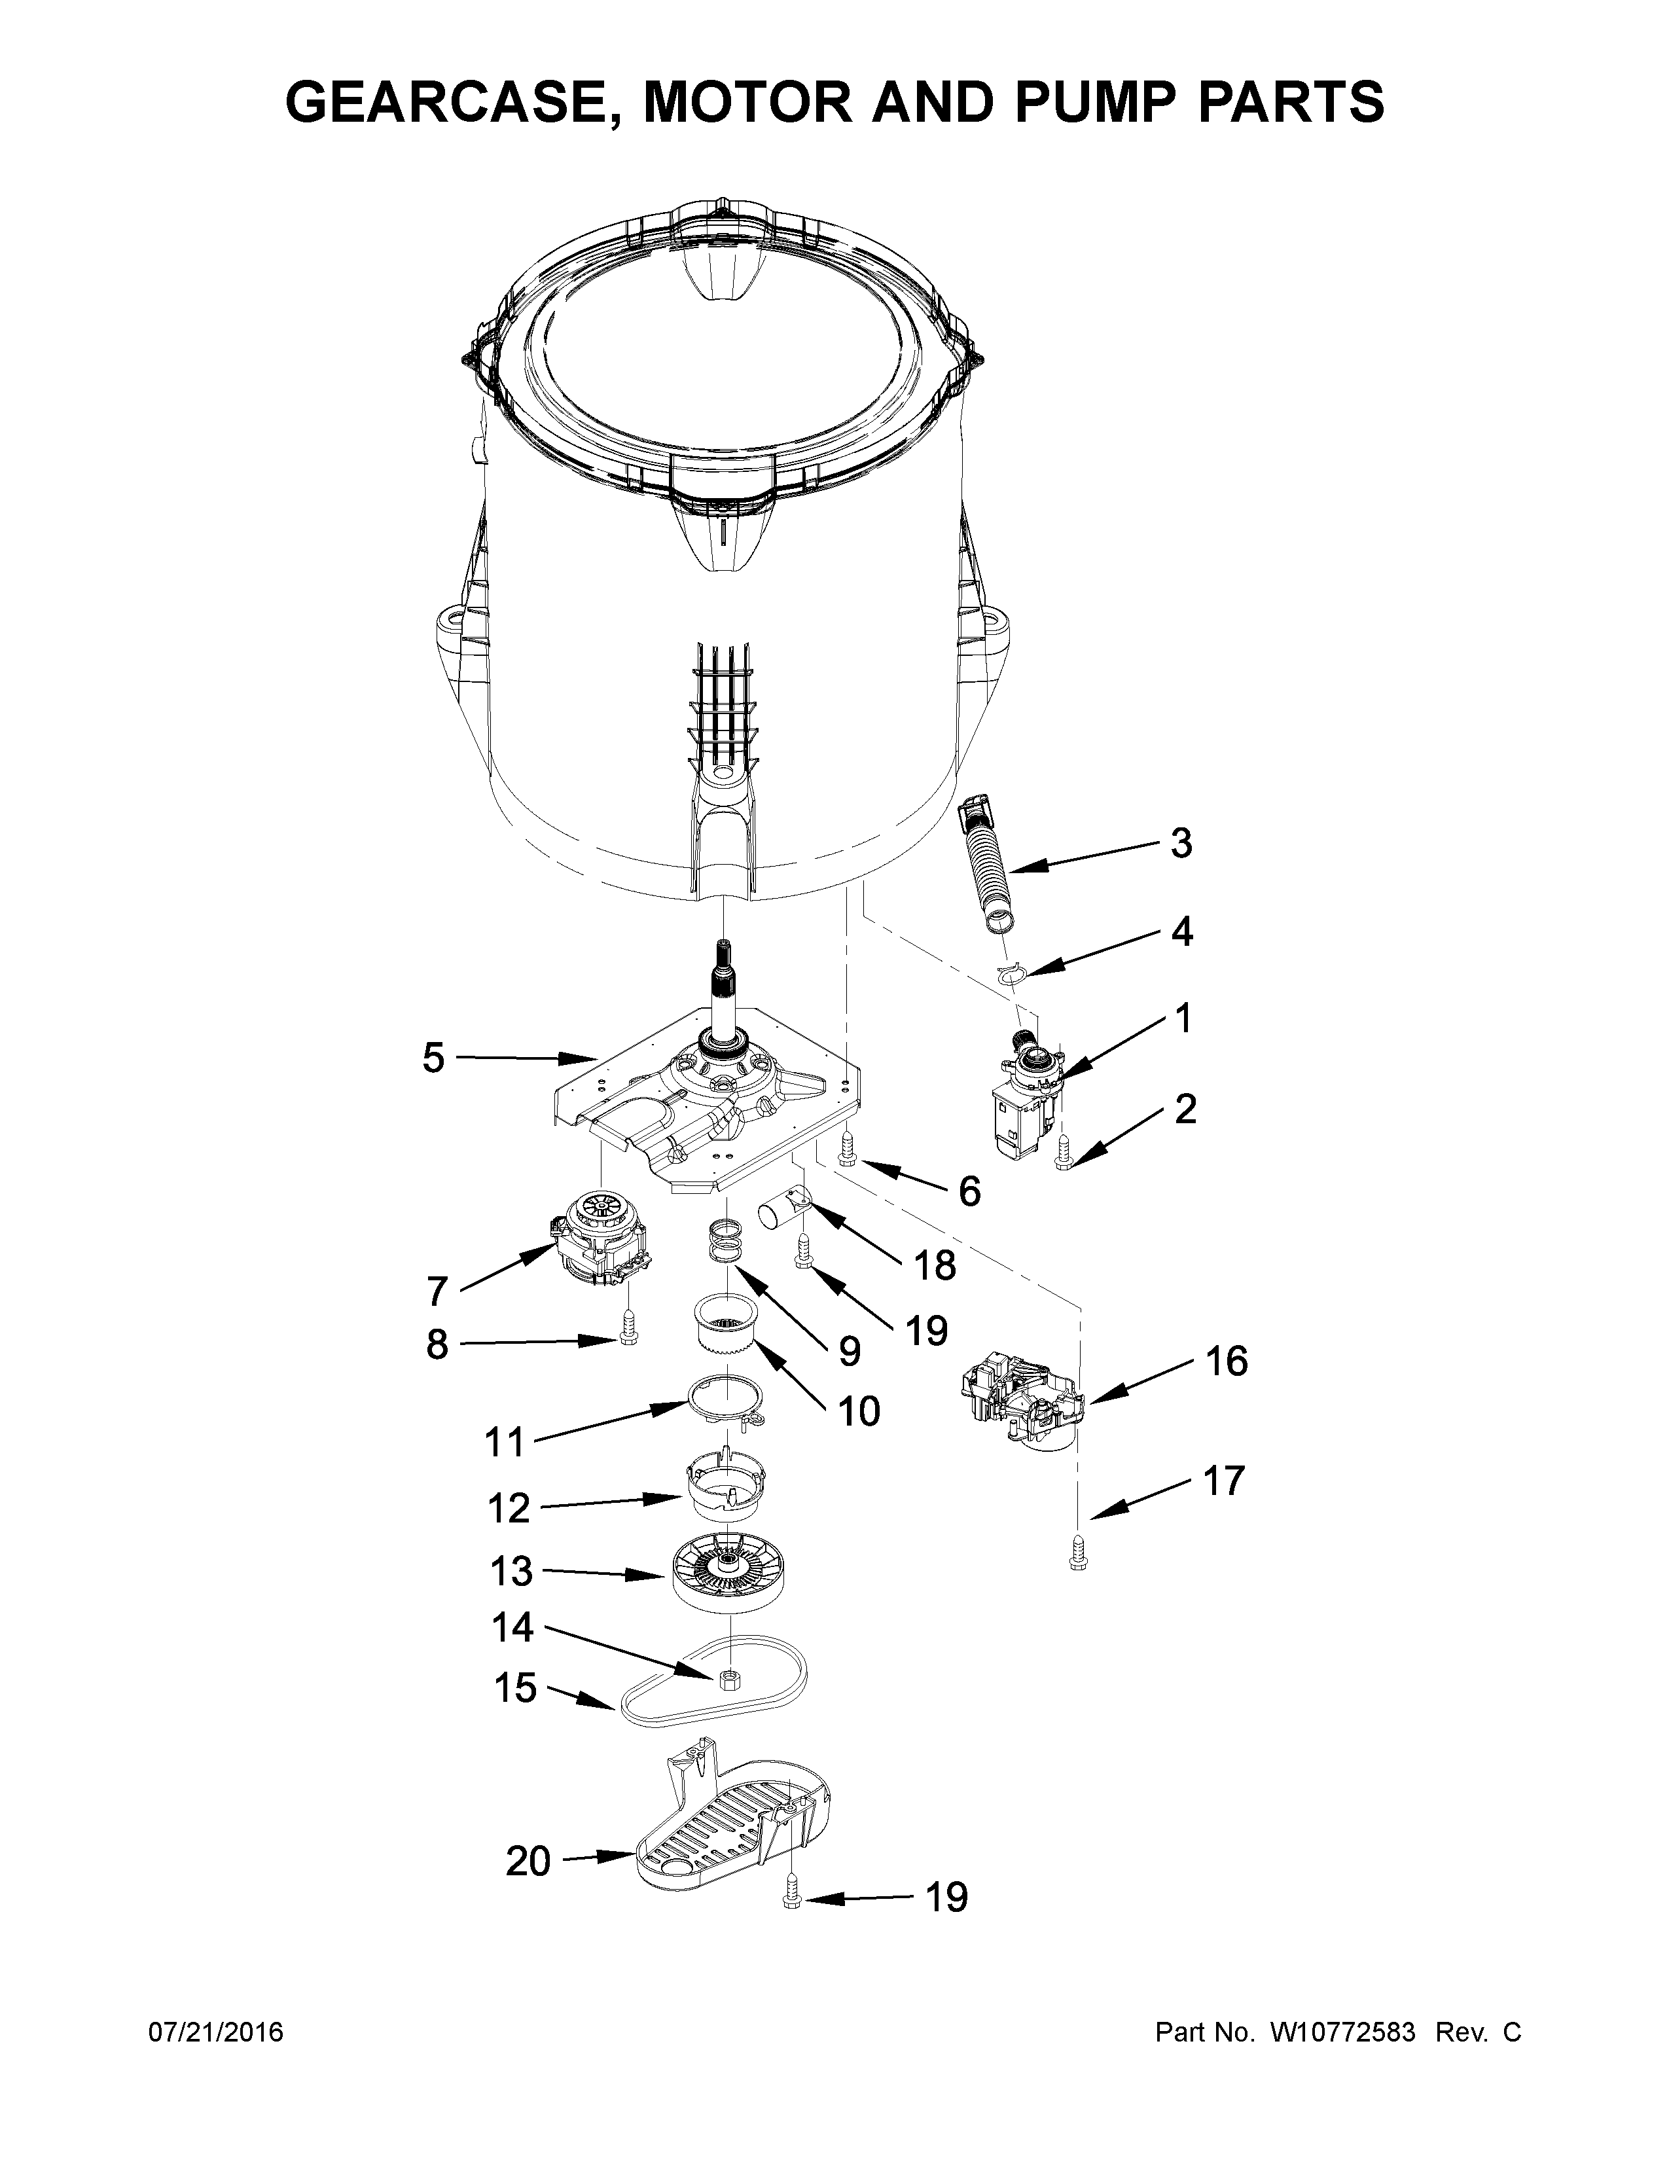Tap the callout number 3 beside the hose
[x=1181, y=844]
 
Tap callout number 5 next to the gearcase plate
[x=433, y=1058]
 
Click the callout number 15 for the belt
[x=514, y=1688]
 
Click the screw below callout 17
[x=1077, y=1560]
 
